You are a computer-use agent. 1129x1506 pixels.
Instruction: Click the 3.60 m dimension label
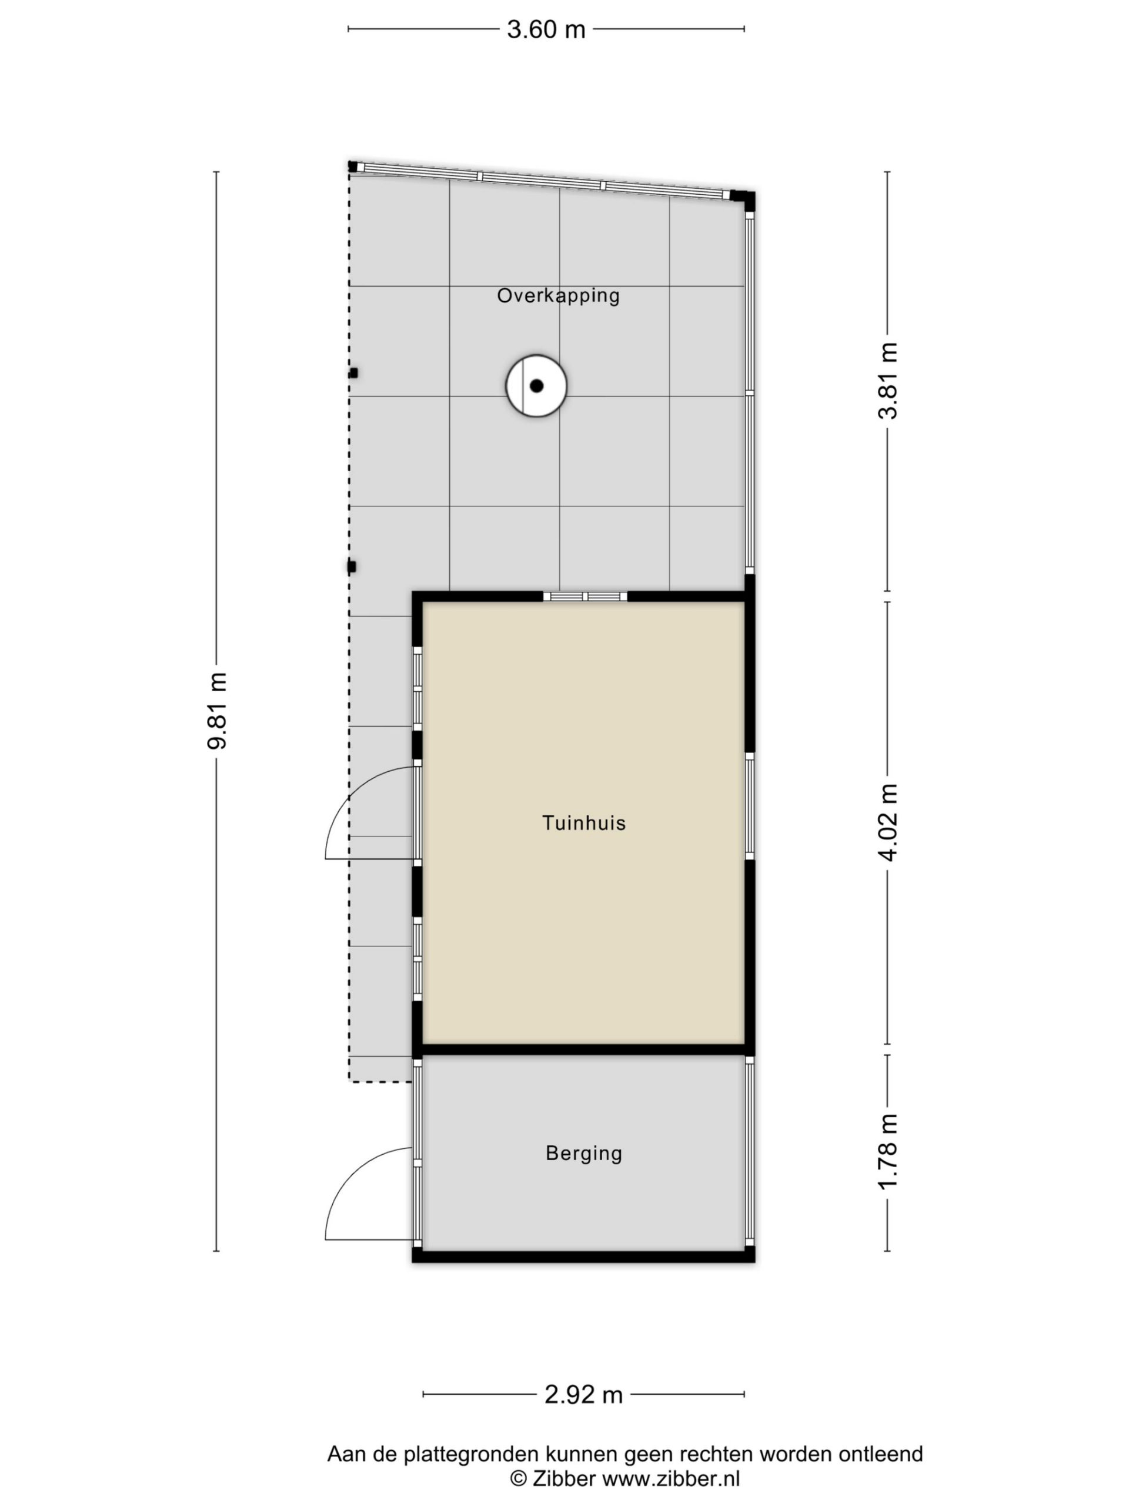coord(546,29)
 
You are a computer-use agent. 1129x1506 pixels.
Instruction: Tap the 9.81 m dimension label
coord(217,710)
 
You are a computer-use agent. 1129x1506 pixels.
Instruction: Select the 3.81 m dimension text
coord(888,380)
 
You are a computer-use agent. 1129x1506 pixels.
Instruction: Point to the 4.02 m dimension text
coord(888,822)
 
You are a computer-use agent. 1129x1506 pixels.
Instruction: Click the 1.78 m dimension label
coord(888,1152)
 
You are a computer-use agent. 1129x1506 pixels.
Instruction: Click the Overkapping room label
coord(558,295)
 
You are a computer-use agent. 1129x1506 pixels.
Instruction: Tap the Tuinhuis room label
coord(583,822)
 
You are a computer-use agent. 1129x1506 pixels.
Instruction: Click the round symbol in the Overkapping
coord(536,385)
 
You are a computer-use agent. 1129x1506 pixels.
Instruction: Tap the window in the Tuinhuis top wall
coord(584,597)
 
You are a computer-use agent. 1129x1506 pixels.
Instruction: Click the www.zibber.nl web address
coord(670,1478)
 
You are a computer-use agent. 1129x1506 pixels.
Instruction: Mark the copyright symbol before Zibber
coord(519,1479)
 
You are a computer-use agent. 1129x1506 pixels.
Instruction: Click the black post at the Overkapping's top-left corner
coord(352,166)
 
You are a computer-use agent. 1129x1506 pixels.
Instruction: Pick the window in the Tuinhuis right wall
coord(749,806)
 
